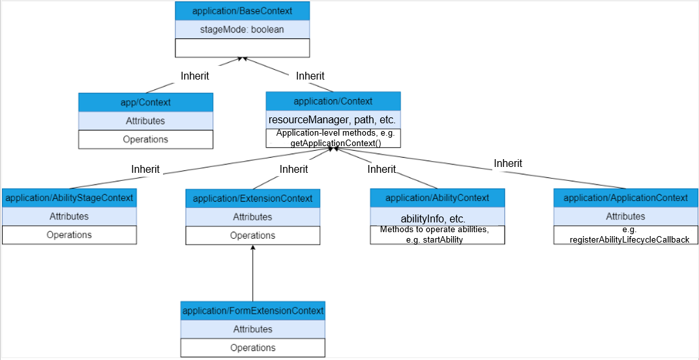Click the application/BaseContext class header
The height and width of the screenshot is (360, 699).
coord(242,10)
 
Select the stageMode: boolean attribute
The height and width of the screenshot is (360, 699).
coord(242,30)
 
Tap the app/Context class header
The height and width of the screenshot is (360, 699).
coord(145,102)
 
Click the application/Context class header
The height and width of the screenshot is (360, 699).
coord(333,101)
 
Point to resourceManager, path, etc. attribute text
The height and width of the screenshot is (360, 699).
coord(332,121)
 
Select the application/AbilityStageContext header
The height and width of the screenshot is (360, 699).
coord(69,198)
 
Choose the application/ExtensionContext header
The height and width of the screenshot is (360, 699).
coord(253,198)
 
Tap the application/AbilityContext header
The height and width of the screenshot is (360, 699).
coord(438,198)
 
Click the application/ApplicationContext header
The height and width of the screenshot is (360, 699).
coord(625,198)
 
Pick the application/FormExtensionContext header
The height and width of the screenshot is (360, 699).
coord(253,310)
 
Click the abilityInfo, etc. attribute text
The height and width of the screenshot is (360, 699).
coord(434,219)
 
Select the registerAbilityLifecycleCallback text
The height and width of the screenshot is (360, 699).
coord(630,239)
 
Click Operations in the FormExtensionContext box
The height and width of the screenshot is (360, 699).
coord(253,348)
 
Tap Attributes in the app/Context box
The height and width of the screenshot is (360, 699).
coord(145,121)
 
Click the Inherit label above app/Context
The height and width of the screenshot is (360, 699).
coord(195,76)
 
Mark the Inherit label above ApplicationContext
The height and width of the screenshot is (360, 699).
coord(508,163)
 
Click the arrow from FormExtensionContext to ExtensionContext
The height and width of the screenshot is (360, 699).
coord(253,273)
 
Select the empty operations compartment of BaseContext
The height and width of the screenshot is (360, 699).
coord(242,48)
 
